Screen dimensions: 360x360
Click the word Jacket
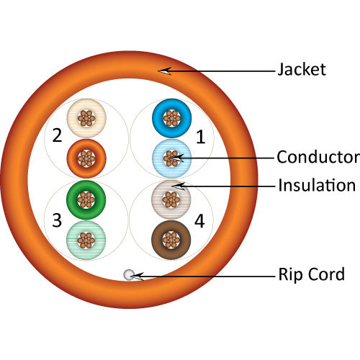(302, 70)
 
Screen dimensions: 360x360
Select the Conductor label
(318, 156)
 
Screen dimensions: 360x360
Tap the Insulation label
(317, 185)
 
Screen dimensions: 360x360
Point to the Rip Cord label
(311, 274)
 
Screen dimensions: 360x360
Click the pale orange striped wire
(86, 117)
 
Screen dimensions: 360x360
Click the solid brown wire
(171, 238)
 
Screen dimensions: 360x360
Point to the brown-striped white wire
(171, 199)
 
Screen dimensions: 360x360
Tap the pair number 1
(201, 135)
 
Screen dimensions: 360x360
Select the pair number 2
(56, 135)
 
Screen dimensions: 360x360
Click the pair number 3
(56, 220)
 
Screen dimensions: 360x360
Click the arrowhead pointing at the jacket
(165, 70)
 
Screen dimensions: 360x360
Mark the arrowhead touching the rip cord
(137, 274)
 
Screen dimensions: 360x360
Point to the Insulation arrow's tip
(177, 185)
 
